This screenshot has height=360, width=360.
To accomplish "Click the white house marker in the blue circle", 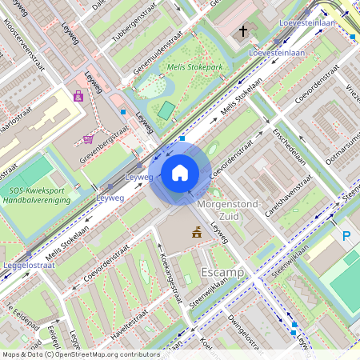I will pyautogui.click(x=180, y=172).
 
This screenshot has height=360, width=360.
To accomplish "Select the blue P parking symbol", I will pyautogui.click(x=346, y=236).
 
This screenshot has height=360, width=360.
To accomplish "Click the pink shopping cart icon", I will pyautogui.click(x=88, y=139).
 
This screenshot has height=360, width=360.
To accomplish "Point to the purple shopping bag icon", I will pyautogui.click(x=78, y=97).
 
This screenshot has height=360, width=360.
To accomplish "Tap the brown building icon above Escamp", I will pyautogui.click(x=195, y=233).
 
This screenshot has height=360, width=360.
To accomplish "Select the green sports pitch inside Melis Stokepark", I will pyautogui.click(x=166, y=110).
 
